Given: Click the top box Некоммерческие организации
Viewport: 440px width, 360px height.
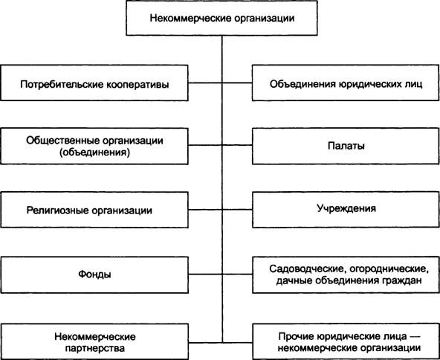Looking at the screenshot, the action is (221, 18).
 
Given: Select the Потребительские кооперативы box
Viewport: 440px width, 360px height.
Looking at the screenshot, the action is (94, 83).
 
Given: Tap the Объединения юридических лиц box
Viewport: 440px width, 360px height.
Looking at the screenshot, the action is (346, 83).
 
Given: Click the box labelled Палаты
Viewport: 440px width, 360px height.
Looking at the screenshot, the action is (346, 146).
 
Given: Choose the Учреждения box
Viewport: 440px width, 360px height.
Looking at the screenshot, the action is (346, 210).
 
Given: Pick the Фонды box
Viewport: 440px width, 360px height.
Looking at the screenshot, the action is (94, 274).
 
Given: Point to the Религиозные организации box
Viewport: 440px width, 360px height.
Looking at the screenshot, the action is (94, 210).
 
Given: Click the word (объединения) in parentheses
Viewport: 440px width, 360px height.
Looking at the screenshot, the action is (94, 152).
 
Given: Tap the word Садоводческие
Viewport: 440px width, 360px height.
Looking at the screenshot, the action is (304, 269).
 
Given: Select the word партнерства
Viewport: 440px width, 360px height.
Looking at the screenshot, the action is (95, 348).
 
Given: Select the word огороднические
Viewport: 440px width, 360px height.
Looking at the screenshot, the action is (386, 269).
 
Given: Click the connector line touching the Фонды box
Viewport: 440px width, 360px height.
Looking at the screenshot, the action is (220, 274).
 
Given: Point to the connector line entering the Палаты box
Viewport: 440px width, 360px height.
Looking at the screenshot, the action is (237, 145).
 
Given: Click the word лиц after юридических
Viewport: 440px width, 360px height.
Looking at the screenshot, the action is (414, 84).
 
